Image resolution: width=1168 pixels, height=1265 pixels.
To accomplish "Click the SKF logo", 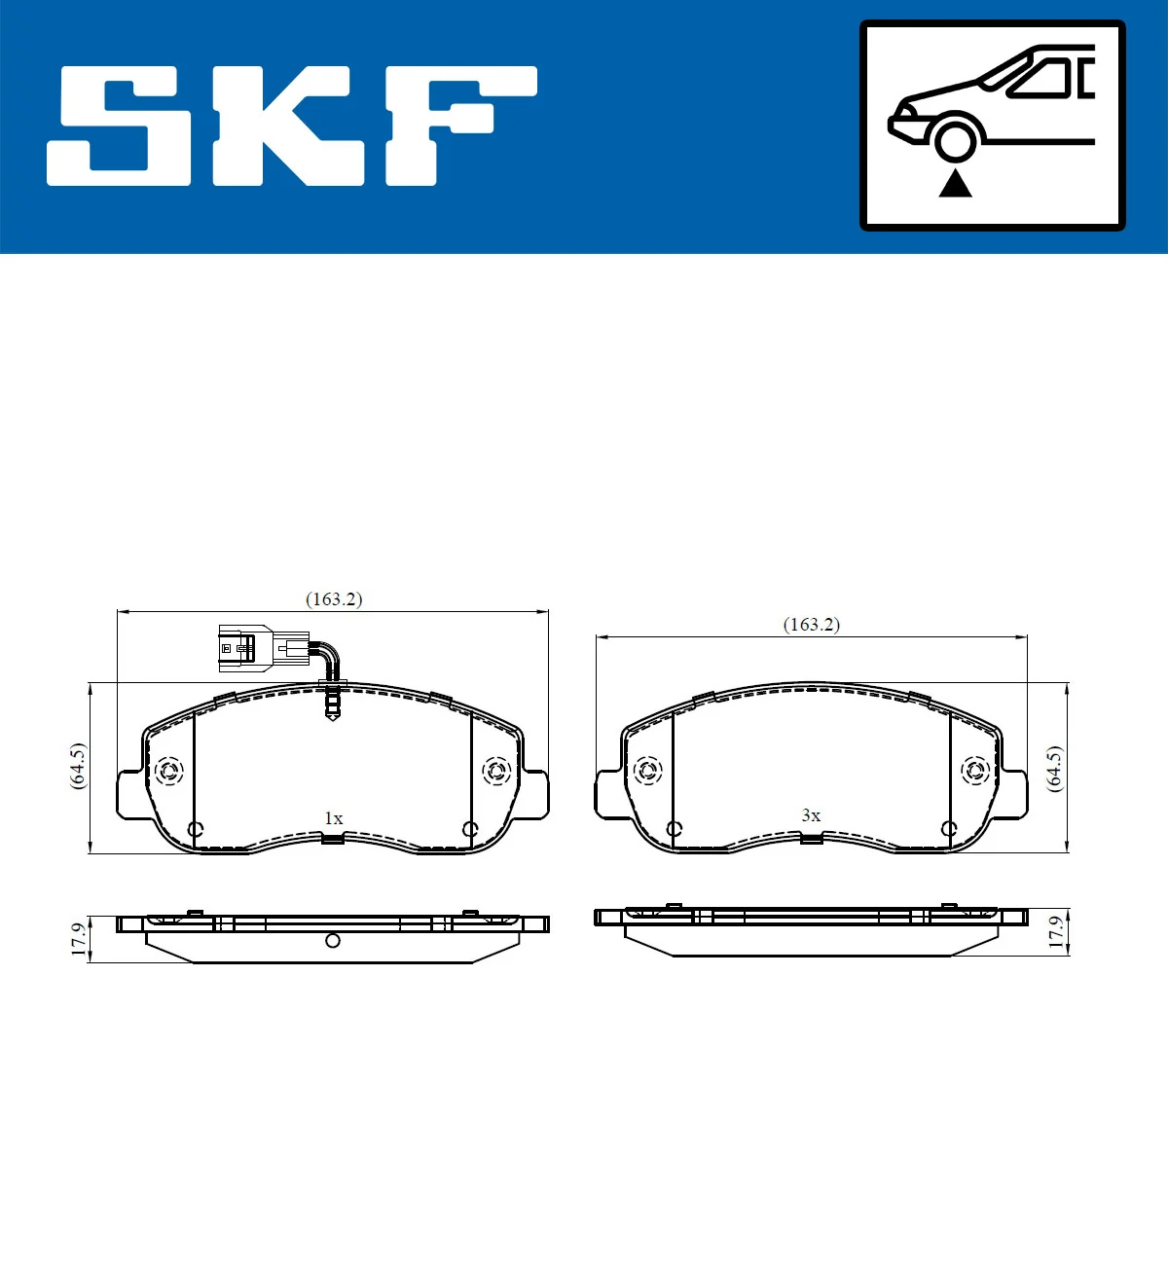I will click(292, 126).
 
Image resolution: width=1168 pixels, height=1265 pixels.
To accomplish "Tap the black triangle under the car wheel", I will click(955, 183).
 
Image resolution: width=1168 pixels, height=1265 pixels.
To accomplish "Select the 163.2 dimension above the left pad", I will click(334, 599).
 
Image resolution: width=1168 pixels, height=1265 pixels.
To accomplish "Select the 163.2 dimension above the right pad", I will click(811, 625).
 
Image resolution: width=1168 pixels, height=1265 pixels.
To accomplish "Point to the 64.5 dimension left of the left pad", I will click(78, 767).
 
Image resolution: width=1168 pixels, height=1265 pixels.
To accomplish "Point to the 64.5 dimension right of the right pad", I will click(1054, 769).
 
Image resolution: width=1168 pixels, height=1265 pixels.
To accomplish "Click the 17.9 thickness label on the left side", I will click(79, 940).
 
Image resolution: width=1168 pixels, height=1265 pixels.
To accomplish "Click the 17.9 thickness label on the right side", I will click(1055, 931).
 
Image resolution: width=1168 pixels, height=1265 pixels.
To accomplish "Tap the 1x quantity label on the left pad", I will click(333, 818).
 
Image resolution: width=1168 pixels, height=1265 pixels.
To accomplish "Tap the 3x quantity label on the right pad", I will click(811, 815).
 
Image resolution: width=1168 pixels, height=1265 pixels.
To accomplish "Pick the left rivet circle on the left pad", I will click(169, 772).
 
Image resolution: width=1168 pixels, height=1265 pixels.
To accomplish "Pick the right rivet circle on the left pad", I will click(497, 772).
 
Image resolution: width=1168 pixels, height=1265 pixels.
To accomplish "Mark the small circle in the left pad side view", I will click(333, 940).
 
